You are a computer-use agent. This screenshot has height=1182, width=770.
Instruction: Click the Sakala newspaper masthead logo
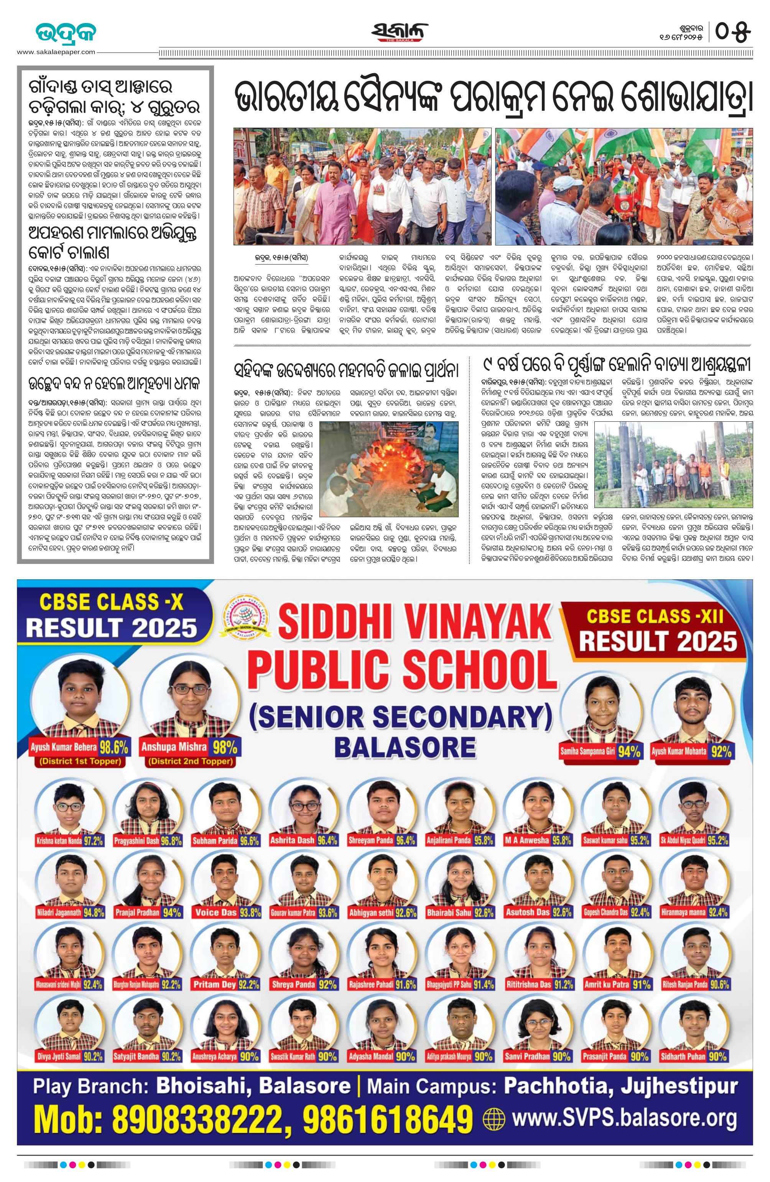click(x=399, y=33)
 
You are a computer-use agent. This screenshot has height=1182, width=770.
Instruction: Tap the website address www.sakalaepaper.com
click(x=56, y=52)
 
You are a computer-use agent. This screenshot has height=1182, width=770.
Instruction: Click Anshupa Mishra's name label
click(x=174, y=747)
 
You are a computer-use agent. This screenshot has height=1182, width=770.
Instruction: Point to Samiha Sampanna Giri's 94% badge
click(x=629, y=752)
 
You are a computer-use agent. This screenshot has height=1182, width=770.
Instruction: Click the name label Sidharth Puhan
click(x=683, y=1056)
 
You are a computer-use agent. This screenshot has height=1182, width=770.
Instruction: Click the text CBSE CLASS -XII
click(x=655, y=616)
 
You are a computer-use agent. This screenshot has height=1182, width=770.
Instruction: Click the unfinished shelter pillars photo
click(x=673, y=464)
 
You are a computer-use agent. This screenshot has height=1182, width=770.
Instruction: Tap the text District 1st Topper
click(x=81, y=761)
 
